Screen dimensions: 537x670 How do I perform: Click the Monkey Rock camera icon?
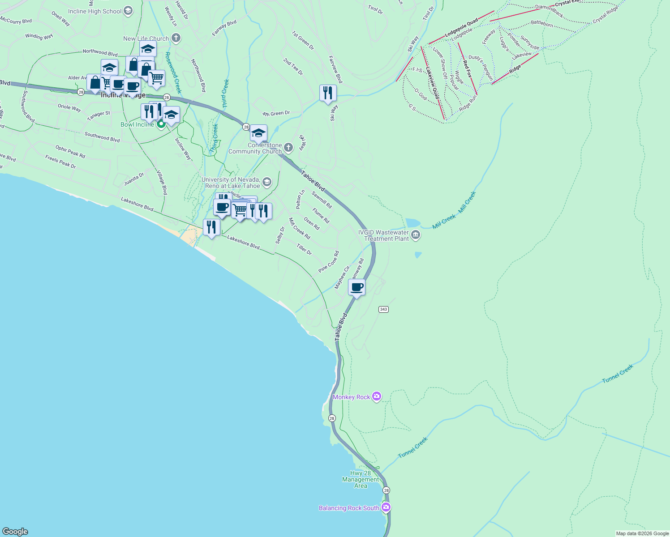pyautogui.click(x=377, y=396)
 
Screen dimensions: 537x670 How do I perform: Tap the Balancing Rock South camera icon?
pyautogui.click(x=386, y=507)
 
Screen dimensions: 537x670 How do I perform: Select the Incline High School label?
pyautogui.click(x=95, y=11)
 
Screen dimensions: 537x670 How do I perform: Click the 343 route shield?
pyautogui.click(x=383, y=309)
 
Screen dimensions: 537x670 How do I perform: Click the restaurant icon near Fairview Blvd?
pyautogui.click(x=328, y=93)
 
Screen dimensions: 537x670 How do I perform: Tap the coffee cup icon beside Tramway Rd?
pyautogui.click(x=357, y=287)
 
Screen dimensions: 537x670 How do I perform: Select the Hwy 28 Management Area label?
pyautogui.click(x=361, y=479)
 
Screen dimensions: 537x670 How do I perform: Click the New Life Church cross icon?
pyautogui.click(x=176, y=38)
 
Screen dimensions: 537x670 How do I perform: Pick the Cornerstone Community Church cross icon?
pyautogui.click(x=288, y=148)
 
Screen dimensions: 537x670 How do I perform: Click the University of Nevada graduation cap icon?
pyautogui.click(x=267, y=182)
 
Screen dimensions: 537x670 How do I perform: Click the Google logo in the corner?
pyautogui.click(x=15, y=531)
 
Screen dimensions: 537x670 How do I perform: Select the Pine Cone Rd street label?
pyautogui.click(x=329, y=262)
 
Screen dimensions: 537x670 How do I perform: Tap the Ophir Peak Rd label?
pyautogui.click(x=70, y=151)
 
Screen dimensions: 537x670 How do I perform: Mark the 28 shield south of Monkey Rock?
pyautogui.click(x=331, y=418)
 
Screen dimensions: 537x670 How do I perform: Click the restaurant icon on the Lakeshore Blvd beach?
pyautogui.click(x=211, y=227)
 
